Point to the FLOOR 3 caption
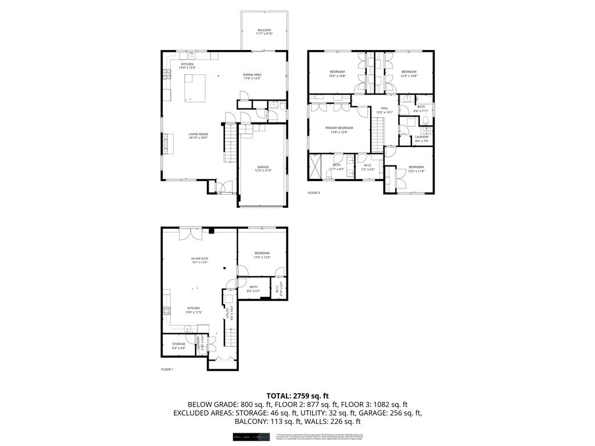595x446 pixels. tap(314, 193)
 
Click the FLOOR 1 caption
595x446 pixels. tap(167, 369)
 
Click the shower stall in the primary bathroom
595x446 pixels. tap(317, 168)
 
